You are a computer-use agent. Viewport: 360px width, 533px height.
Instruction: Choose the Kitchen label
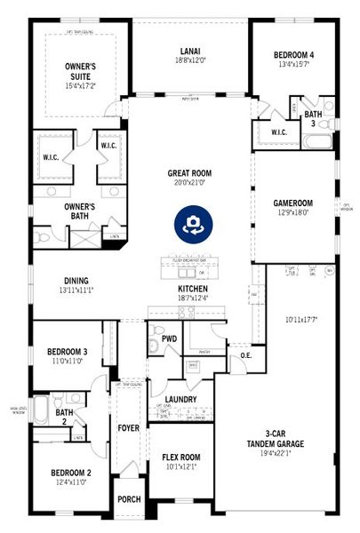click(193, 290)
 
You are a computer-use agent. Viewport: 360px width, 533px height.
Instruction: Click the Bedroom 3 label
click(68, 354)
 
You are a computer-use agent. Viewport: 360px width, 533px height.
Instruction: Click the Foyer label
click(129, 428)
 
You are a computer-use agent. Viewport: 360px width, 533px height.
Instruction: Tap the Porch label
click(129, 500)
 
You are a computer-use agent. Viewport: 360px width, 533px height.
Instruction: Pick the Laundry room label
click(180, 400)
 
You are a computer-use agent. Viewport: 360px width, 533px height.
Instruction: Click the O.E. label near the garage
click(246, 356)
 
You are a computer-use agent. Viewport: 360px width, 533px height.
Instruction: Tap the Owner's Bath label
click(79, 211)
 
